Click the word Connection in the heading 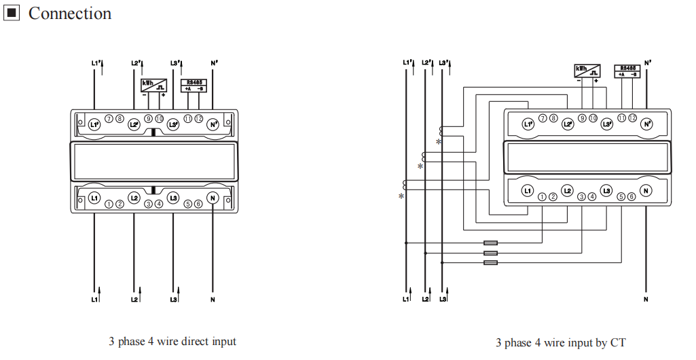pos(70,14)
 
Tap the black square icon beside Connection pos(12,13)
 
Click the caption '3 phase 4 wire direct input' pos(172,341)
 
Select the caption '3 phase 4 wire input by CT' pos(560,343)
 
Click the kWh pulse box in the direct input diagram pos(154,86)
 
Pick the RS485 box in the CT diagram pos(628,71)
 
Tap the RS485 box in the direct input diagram pos(194,86)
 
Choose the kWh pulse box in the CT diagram pos(587,71)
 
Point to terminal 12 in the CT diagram pos(632,118)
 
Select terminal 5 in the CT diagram pos(621,196)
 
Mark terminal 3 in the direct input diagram pos(149,203)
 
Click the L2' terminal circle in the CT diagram pos(568,124)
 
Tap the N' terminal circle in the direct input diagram pos(213,124)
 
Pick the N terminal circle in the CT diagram pos(646,191)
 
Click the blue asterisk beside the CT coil pos(439,142)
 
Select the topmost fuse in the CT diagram pos(490,242)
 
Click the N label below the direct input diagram pos(213,300)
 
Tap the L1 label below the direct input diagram pos(94,300)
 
